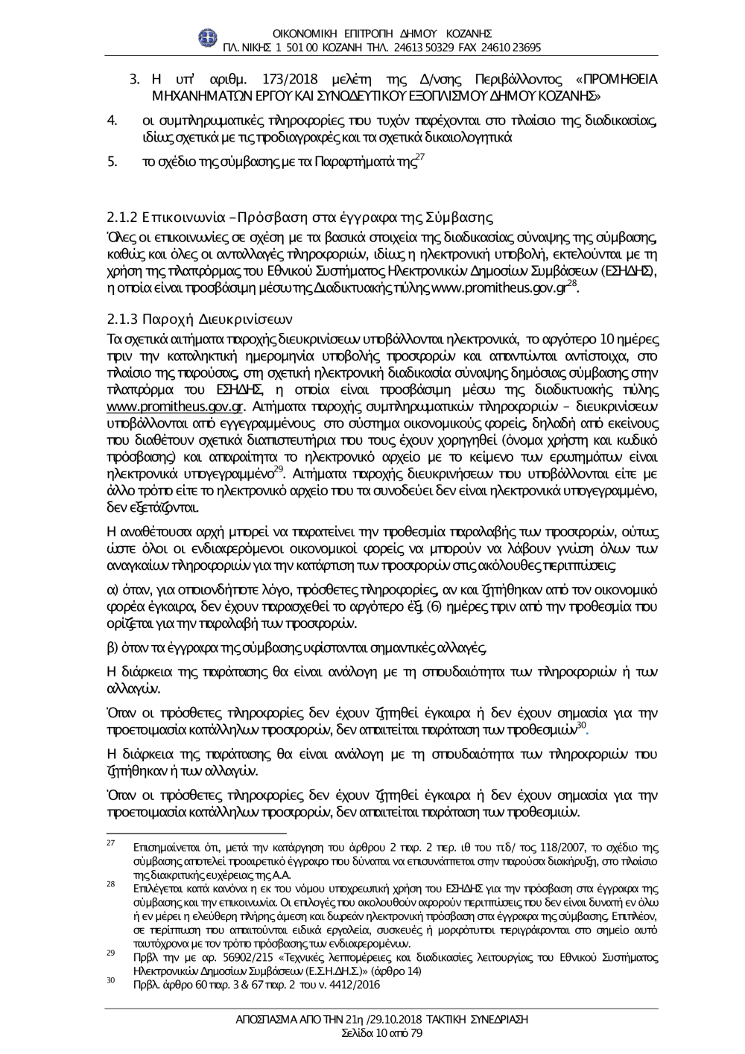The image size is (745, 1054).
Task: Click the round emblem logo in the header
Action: pyautogui.click(x=208, y=39)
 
